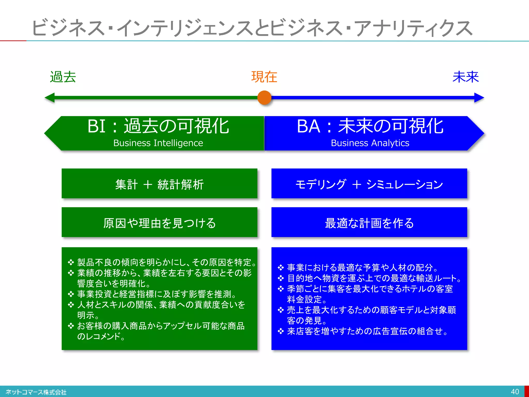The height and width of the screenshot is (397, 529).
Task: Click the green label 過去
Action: tap(63, 77)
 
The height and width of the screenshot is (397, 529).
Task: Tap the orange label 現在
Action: tap(264, 77)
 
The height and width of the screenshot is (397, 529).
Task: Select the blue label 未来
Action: tap(465, 77)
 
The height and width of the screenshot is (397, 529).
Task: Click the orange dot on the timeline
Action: tap(264, 98)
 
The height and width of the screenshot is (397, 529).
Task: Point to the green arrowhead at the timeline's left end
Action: tap(50, 98)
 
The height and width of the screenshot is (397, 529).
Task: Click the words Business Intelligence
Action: tap(158, 143)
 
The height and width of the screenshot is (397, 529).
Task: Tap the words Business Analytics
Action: tap(370, 143)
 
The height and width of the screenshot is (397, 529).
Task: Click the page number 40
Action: tap(515, 392)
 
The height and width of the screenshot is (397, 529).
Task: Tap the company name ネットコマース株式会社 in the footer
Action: tap(36, 392)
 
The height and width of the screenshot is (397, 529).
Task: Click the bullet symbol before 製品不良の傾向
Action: tap(71, 263)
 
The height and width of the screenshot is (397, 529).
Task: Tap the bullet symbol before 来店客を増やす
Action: tap(281, 331)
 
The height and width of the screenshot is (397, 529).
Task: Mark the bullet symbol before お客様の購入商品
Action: tap(71, 326)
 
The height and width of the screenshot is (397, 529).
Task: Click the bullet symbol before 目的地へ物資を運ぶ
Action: tap(281, 278)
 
